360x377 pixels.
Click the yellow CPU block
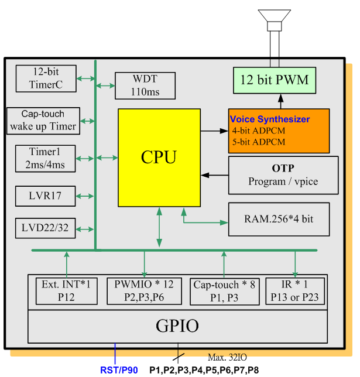tap(159, 157)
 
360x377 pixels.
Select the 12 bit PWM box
tap(274, 80)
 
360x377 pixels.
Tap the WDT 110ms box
tap(145, 85)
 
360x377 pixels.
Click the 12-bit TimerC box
tap(45, 78)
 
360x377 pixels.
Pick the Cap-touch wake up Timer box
tap(43, 120)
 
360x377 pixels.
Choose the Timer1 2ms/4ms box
tap(45, 158)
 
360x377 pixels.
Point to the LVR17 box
tap(45, 196)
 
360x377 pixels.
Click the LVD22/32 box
tap(45, 228)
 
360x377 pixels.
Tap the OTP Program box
tap(283, 175)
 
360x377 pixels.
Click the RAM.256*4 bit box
tap(279, 220)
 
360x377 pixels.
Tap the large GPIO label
tap(177, 326)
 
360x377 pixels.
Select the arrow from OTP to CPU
tap(214, 175)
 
